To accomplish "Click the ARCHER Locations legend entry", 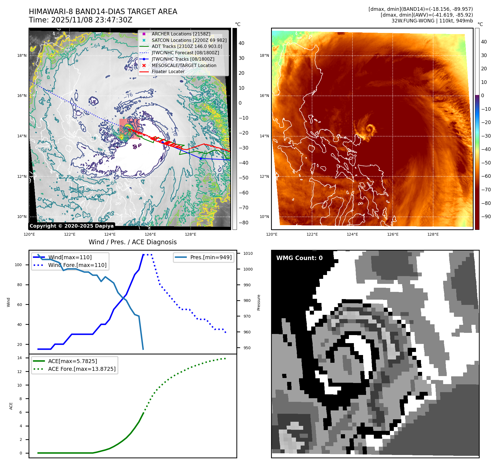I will click(x=181, y=34).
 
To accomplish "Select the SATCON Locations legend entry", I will click(x=189, y=40).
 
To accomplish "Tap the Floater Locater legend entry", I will click(x=168, y=71).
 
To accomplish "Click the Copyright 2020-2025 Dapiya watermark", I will click(x=71, y=226).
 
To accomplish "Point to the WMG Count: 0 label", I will click(x=299, y=258).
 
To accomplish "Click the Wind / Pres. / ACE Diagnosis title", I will click(x=132, y=242).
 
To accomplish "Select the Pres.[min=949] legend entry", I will click(x=211, y=257).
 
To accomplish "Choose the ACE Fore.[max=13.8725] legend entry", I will click(x=82, y=369).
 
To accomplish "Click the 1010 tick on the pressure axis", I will click(x=248, y=253).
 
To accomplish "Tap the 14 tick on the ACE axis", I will click(x=19, y=358).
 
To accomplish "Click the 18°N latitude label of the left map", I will click(x=22, y=55).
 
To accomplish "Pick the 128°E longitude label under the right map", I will click(x=433, y=234).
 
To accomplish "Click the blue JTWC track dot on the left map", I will click(x=201, y=158).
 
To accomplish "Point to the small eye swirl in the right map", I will click(x=370, y=128).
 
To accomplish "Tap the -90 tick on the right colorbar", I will click(x=486, y=217).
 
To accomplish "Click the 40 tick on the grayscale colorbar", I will click(x=241, y=43).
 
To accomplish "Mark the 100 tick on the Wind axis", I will click(x=18, y=265).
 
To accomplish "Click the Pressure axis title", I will click(x=259, y=302).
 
